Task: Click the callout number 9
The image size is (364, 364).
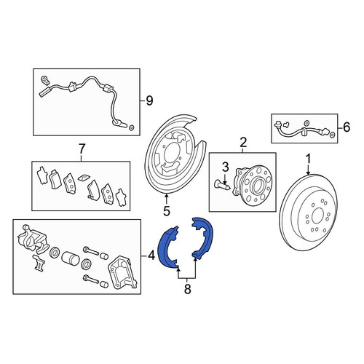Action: pos(149,100)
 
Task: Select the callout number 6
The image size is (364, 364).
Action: pos(347,127)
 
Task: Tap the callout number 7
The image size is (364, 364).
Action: pos(82,149)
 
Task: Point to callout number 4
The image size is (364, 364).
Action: pos(151,256)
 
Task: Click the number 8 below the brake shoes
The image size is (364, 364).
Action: pos(187,289)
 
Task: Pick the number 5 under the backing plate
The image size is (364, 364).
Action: pos(167,211)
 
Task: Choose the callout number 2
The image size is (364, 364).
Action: pos(243,142)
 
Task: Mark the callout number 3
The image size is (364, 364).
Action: pos(226,167)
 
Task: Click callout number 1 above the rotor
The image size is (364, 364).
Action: pos(308,159)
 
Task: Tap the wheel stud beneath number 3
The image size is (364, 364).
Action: pos(222,186)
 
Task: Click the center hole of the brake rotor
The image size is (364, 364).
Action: pos(317,215)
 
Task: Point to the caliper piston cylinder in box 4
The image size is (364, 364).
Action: pos(71,258)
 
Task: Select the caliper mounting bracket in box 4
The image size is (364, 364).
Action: pos(122,272)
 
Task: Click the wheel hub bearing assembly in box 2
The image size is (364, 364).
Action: pos(253,184)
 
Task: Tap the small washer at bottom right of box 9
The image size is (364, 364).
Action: pos(131,127)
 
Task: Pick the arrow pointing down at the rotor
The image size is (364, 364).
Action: pos(308,170)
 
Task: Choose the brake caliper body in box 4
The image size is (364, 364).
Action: pos(33,239)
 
